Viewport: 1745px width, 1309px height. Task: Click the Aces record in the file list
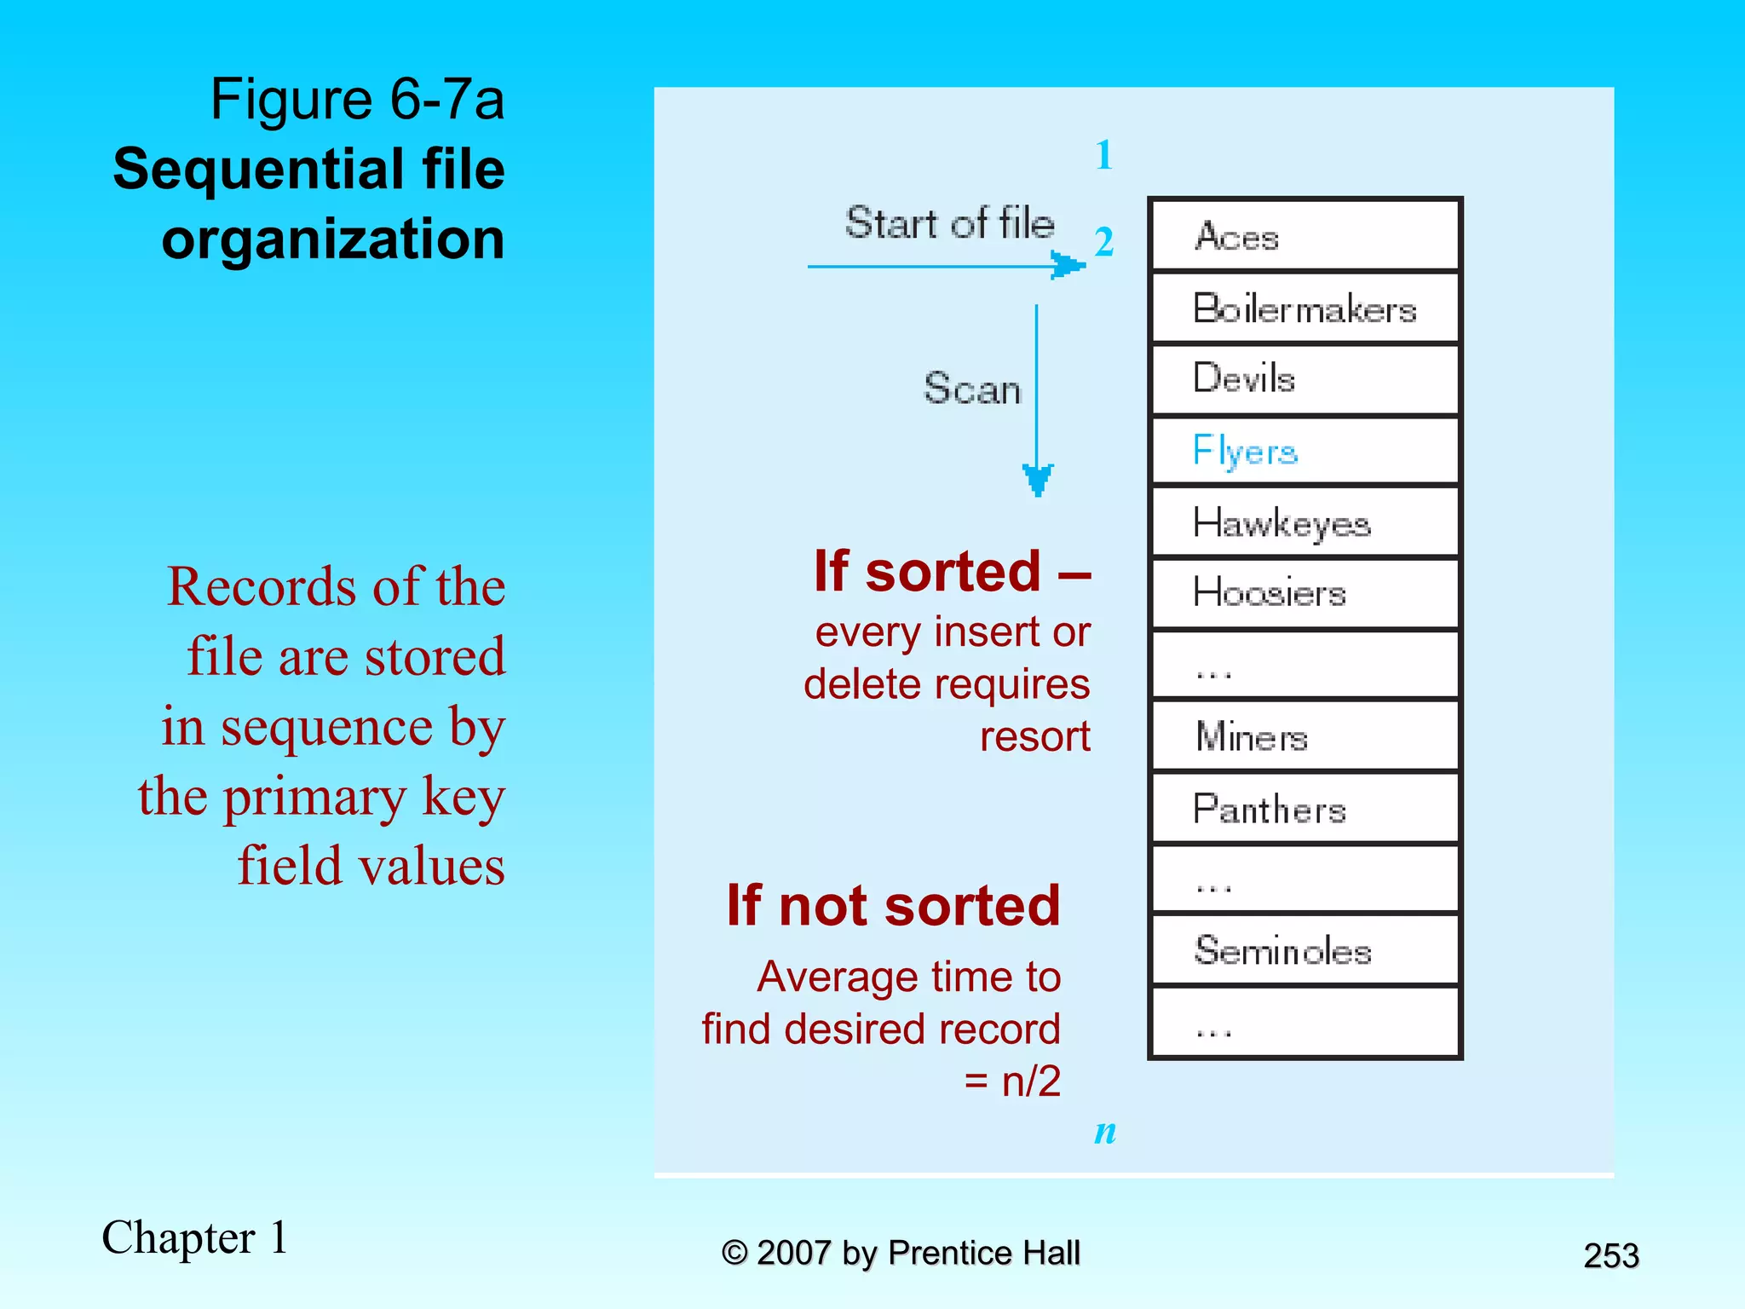(1304, 235)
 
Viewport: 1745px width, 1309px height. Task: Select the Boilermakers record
(1304, 308)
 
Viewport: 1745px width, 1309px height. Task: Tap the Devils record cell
(1304, 379)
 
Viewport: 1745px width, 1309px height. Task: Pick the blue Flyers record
(1304, 451)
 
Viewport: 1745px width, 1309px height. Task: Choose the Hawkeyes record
(1304, 522)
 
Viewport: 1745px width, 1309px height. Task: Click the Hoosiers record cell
(1304, 593)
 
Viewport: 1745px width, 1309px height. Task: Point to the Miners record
(1304, 736)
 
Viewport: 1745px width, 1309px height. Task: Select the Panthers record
(1304, 809)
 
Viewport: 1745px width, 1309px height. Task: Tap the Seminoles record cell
(1304, 950)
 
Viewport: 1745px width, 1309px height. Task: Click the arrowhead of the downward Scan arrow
(1037, 480)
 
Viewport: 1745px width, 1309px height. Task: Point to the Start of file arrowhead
(1067, 265)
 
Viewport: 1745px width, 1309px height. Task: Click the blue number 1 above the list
(1104, 155)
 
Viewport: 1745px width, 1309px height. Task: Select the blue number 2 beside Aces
(1104, 242)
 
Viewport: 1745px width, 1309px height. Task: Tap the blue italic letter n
(1105, 1132)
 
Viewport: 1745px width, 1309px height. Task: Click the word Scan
(972, 389)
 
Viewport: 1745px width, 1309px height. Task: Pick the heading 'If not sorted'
(894, 905)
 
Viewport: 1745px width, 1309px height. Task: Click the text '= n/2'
(1012, 1081)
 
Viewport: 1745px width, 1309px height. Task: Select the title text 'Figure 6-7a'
(357, 99)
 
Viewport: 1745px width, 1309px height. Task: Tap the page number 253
(1610, 1256)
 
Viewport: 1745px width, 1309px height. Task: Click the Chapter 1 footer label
(195, 1237)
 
